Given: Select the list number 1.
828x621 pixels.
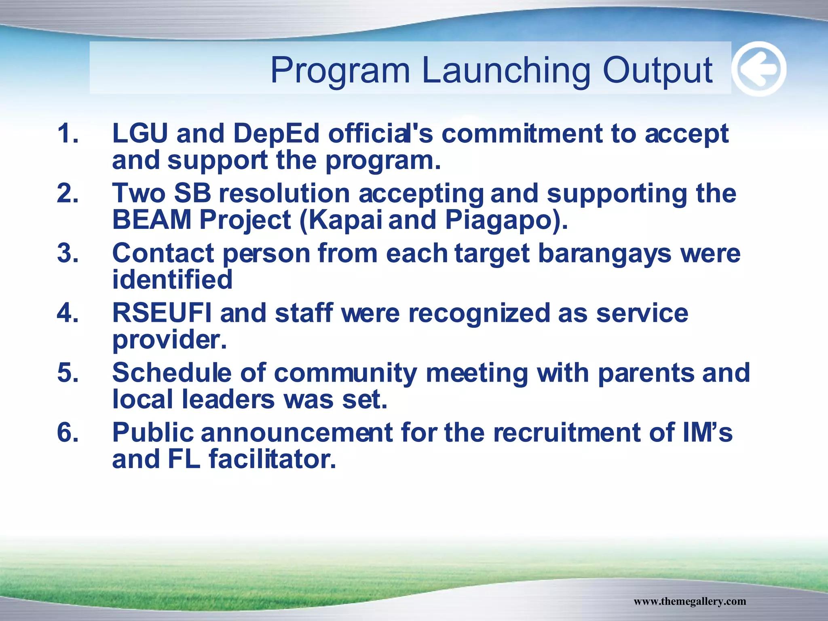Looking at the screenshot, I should [68, 133].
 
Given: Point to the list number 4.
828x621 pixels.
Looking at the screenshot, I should [68, 313].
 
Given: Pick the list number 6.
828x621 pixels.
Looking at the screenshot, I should [68, 432].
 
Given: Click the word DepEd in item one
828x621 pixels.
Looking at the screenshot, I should [276, 134].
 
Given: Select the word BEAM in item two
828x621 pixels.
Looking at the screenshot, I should [152, 220].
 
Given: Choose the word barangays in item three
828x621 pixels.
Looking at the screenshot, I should [604, 254].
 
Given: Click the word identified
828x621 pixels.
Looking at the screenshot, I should [172, 279].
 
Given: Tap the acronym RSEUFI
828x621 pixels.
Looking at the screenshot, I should [162, 313].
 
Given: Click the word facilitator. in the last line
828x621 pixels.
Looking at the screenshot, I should [272, 459].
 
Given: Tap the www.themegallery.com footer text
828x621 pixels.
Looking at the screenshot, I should [689, 601].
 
